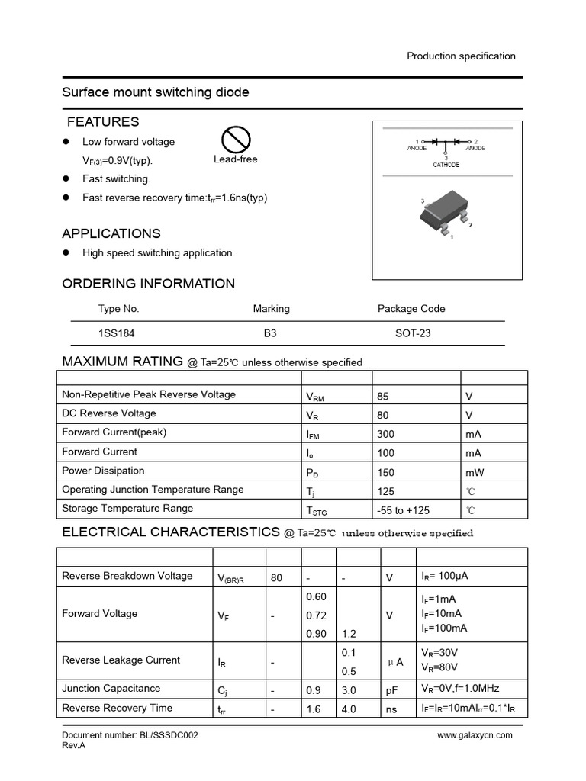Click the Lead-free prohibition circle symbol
pyautogui.click(x=236, y=139)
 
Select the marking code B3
pyautogui.click(x=271, y=333)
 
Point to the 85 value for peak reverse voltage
pyautogui.click(x=383, y=396)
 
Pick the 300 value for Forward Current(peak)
pyautogui.click(x=386, y=434)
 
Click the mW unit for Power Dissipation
pyautogui.click(x=475, y=472)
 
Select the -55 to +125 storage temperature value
pyautogui.click(x=403, y=510)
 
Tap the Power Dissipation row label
pyautogui.click(x=103, y=471)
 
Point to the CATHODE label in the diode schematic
pyautogui.click(x=446, y=165)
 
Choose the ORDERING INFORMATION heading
pyautogui.click(x=148, y=284)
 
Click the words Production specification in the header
pyautogui.click(x=461, y=56)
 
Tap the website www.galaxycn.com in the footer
pyautogui.click(x=475, y=735)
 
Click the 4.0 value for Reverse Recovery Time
pyautogui.click(x=349, y=709)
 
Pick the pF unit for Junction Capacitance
pyautogui.click(x=391, y=690)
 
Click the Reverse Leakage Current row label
pyautogui.click(x=121, y=660)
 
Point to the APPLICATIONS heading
pyautogui.click(x=111, y=233)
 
